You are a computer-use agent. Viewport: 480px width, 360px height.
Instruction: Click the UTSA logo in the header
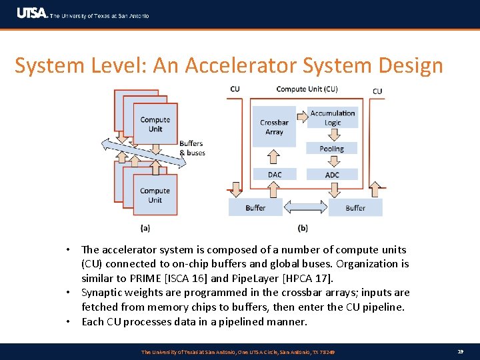[31, 13]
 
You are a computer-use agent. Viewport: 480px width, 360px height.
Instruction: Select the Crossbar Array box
[275, 127]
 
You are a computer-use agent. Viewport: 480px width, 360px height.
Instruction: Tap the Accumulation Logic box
[333, 118]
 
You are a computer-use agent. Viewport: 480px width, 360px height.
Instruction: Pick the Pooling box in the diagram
[332, 149]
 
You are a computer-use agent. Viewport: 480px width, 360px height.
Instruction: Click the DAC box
[275, 175]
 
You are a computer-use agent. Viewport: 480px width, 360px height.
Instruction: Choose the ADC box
[332, 175]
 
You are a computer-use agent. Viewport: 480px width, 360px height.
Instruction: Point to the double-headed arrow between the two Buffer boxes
[306, 207]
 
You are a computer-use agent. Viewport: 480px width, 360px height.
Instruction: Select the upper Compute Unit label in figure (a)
[155, 124]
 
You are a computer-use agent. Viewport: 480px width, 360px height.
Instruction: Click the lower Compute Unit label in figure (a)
[155, 195]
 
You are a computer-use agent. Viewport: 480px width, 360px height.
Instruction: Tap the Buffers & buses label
[192, 148]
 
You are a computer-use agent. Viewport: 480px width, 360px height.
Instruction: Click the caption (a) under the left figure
[145, 228]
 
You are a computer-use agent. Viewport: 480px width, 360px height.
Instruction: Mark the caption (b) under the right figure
[303, 228]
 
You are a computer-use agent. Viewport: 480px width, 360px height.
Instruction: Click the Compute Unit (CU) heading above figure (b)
[307, 89]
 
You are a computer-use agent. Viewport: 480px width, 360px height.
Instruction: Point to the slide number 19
[461, 351]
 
